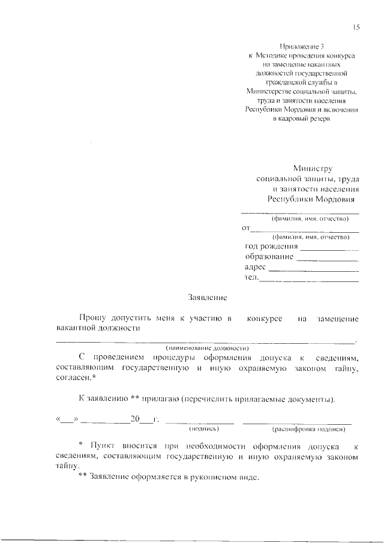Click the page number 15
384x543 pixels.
(356, 27)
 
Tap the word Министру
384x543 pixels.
(312, 169)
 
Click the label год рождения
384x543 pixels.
(272, 247)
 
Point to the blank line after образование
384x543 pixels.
(328, 260)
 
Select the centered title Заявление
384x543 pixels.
(207, 297)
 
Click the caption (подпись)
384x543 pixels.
(204, 430)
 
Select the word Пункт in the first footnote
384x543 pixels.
(101, 448)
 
